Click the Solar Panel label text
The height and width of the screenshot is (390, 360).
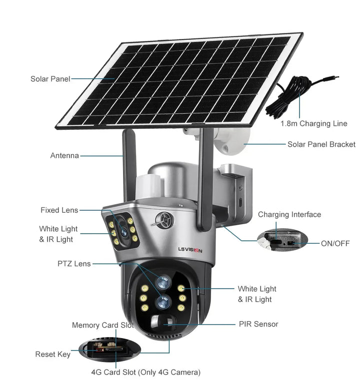pyautogui.click(x=50, y=79)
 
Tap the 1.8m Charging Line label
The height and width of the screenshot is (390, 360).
pyautogui.click(x=313, y=123)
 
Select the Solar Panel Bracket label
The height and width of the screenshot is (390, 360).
pyautogui.click(x=321, y=144)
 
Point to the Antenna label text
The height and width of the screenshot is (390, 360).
pyautogui.click(x=64, y=155)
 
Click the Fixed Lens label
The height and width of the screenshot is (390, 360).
pyautogui.click(x=59, y=210)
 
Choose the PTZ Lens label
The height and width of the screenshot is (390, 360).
pyautogui.click(x=74, y=263)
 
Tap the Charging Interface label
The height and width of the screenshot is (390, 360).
pyautogui.click(x=289, y=215)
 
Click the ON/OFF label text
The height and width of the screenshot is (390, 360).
pyautogui.click(x=334, y=243)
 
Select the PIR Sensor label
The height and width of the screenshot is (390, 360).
pyautogui.click(x=258, y=324)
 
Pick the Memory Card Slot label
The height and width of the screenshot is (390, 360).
pyautogui.click(x=103, y=325)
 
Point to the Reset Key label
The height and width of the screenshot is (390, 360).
pyautogui.click(x=52, y=354)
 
